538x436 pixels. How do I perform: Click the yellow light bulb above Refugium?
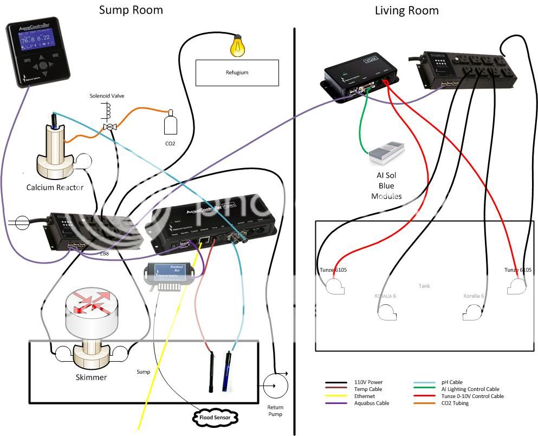coord(237,46)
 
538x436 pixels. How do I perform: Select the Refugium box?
coord(237,73)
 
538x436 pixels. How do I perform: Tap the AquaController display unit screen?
coord(36,40)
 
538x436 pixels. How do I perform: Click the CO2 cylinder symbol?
coord(171,124)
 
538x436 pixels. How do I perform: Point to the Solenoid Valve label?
coord(107,96)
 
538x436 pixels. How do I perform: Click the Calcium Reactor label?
coord(55,188)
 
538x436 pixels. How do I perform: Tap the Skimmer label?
coord(91,377)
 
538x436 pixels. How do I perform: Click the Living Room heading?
coord(406,10)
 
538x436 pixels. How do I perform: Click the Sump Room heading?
coord(131,10)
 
